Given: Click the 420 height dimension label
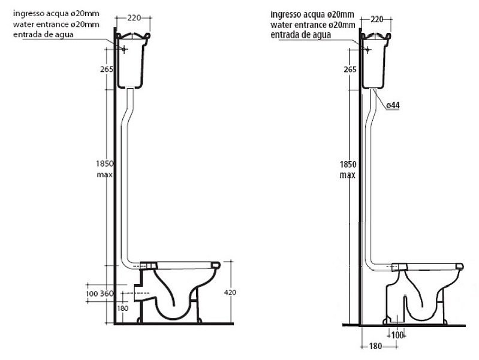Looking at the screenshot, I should point(230,292).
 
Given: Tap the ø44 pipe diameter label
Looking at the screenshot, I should point(393,105).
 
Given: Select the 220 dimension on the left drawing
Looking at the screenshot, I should point(134,18).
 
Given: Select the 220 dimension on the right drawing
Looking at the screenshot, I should point(376,19).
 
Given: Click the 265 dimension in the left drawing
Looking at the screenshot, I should point(107,68).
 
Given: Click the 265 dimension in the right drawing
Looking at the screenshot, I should point(350,69).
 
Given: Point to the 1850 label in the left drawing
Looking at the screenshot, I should point(104,162).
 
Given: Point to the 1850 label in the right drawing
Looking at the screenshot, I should point(347,164).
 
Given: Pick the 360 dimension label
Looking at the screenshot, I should point(106,294).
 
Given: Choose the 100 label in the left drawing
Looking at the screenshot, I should point(91,294).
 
